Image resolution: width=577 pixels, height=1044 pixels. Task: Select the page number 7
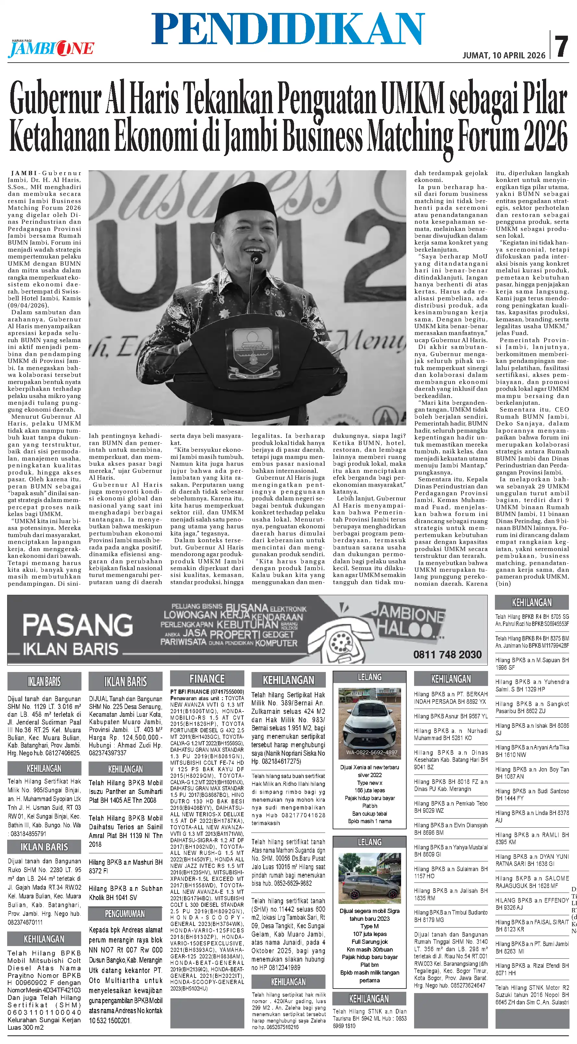tap(562, 47)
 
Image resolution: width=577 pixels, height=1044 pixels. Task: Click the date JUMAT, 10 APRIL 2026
tap(504, 55)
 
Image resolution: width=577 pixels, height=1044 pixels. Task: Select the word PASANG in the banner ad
tap(78, 625)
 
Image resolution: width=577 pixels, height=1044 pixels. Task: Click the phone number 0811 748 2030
tap(447, 654)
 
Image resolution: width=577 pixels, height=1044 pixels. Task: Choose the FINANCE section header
tap(207, 679)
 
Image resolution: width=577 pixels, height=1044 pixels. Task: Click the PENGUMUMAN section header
tap(125, 914)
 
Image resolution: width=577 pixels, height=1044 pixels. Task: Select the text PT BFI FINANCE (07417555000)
tap(207, 692)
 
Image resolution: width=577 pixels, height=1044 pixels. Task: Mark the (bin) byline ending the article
tap(503, 583)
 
